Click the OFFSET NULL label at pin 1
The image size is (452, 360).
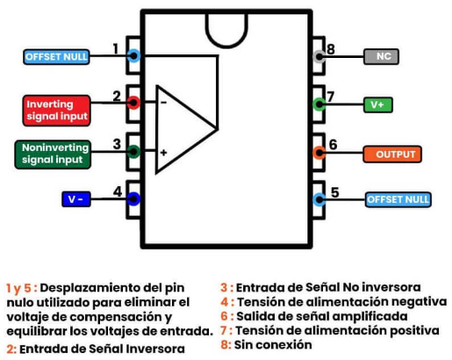(56, 57)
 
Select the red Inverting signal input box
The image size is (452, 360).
(56, 111)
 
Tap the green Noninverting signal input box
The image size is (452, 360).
(53, 155)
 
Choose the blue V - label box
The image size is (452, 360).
(76, 199)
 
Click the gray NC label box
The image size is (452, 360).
(381, 56)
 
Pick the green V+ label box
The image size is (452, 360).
(378, 104)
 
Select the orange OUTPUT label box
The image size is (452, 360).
(392, 154)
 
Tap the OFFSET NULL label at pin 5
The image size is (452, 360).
(398, 199)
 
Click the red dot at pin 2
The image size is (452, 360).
(133, 103)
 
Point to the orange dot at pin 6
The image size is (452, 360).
(319, 153)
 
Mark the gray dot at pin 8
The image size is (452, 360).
(319, 56)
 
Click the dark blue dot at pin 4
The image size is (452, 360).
(133, 199)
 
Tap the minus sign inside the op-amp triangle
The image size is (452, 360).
(163, 103)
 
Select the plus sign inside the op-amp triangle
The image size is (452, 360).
(163, 153)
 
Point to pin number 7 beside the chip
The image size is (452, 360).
(331, 97)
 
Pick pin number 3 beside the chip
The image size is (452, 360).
(117, 144)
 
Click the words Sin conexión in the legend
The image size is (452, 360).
(273, 345)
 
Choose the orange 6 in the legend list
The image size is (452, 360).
(225, 316)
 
